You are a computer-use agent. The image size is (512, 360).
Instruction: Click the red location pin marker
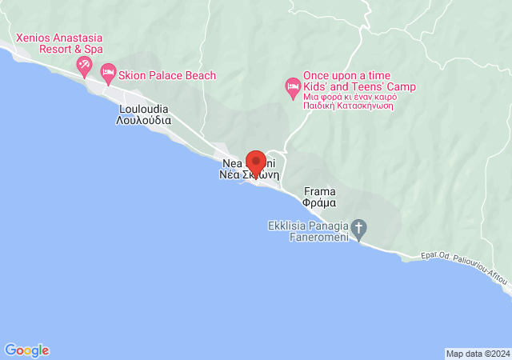[255, 161]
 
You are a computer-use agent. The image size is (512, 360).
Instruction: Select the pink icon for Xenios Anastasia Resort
[83, 63]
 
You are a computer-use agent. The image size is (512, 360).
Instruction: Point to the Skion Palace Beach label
[168, 76]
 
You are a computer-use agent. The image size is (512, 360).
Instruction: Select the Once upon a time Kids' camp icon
[293, 85]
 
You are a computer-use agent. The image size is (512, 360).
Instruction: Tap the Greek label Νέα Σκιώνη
[250, 174]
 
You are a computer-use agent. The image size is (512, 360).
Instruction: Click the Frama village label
[320, 192]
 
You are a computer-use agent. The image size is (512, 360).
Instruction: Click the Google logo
[26, 350]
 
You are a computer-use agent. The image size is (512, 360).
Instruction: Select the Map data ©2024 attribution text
[478, 354]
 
